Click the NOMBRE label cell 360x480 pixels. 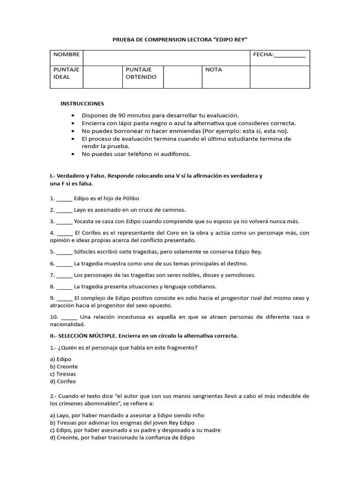pos(66,55)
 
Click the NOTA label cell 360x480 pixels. pos(214,70)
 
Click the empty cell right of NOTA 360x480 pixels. pos(279,76)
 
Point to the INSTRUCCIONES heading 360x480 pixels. pos(82,104)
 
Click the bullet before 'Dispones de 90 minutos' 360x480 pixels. pos(72,115)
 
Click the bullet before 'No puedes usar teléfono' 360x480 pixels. pos(72,154)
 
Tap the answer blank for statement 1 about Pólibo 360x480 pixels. pos(65,199)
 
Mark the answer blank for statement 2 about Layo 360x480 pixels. pos(65,210)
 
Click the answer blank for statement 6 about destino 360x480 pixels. pos(65,264)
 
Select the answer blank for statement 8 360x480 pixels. pos(65,286)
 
